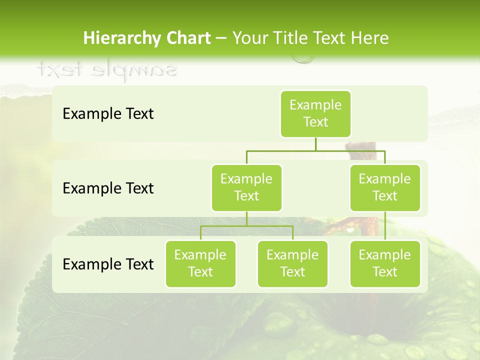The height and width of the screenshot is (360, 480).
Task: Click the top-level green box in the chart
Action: (x=315, y=113)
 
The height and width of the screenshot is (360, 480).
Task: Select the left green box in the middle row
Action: (x=246, y=187)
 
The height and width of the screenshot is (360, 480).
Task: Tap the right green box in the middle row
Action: (x=385, y=187)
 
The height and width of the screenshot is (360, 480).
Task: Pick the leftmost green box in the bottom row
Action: (x=200, y=263)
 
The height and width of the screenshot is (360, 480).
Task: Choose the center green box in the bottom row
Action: (x=292, y=263)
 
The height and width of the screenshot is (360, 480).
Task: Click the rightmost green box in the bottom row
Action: (x=385, y=263)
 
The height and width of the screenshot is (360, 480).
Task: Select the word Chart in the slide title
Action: (x=186, y=38)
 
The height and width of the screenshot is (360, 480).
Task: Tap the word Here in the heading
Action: (x=369, y=38)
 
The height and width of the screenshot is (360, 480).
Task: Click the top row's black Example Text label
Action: (x=108, y=113)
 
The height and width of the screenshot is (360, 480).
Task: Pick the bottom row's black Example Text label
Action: (x=108, y=264)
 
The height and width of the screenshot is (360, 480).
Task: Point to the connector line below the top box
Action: (x=315, y=144)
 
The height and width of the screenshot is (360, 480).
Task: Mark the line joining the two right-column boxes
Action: (x=385, y=225)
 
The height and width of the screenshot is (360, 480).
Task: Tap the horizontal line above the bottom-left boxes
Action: (x=246, y=226)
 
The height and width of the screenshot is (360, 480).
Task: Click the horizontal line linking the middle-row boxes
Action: (x=315, y=150)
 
